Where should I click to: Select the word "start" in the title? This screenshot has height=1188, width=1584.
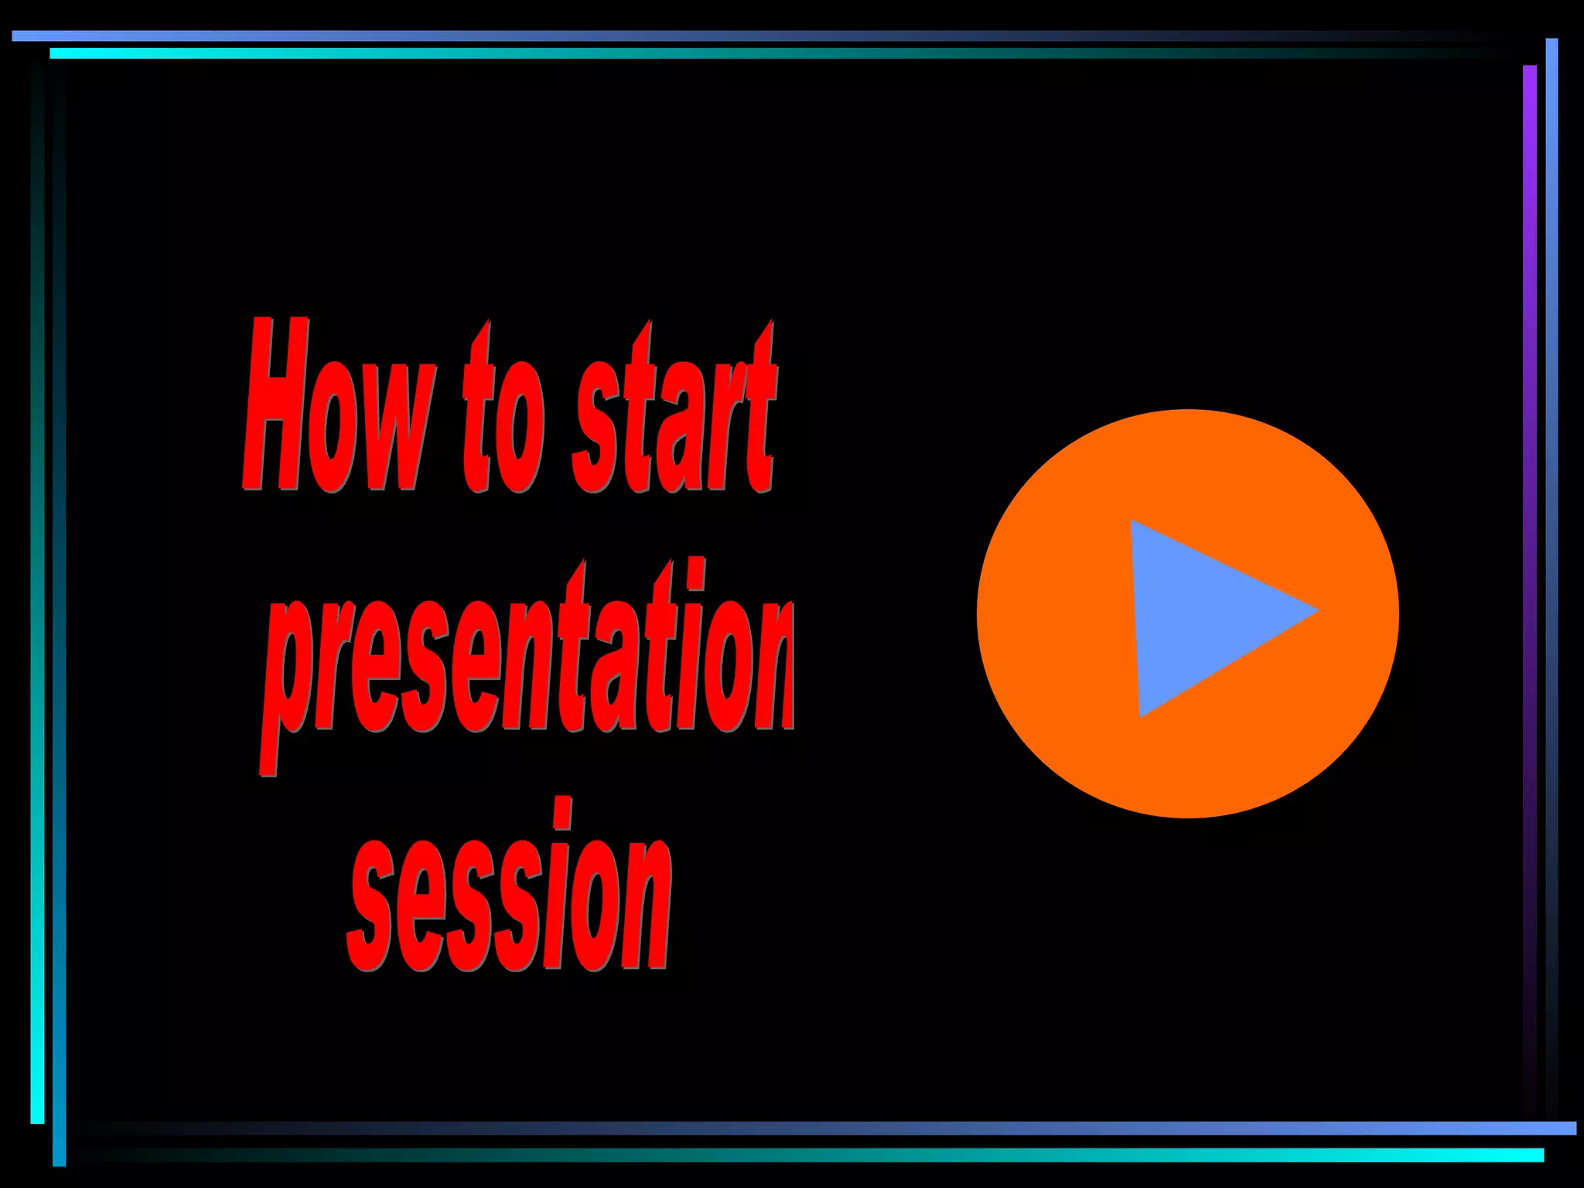coord(673,414)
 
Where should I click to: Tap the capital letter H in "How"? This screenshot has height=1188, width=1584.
coord(275,406)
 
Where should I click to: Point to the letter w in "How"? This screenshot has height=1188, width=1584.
coord(394,433)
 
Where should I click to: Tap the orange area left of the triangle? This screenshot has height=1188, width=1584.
coord(1052,615)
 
